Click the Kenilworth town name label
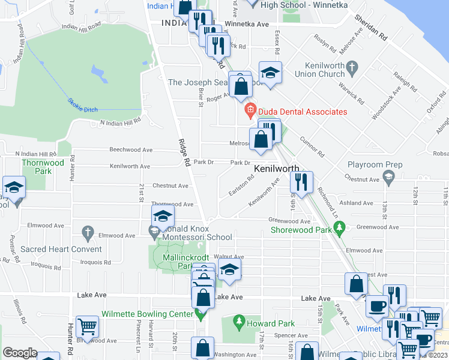[277, 169]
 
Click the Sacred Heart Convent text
[61, 249]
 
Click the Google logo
[20, 353]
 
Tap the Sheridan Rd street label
[370, 27]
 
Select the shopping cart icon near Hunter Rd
[87, 327]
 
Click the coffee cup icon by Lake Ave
[377, 306]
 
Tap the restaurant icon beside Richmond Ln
[301, 182]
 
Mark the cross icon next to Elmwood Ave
[88, 232]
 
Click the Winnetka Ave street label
[246, 25]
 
